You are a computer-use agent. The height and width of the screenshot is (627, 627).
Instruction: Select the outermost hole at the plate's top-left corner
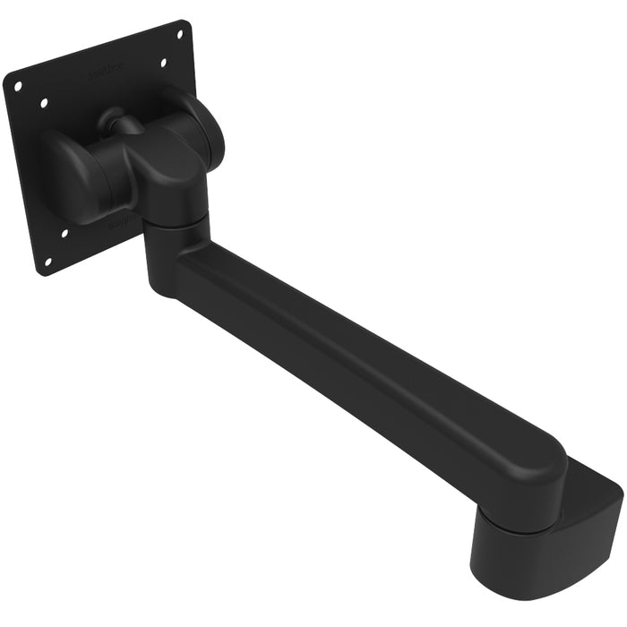(17, 85)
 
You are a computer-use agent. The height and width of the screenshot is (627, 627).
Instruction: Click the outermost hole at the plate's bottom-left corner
(47, 262)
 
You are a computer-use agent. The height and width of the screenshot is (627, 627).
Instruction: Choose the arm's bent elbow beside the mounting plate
(166, 260)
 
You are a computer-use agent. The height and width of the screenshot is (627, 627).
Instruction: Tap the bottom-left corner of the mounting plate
(40, 271)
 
